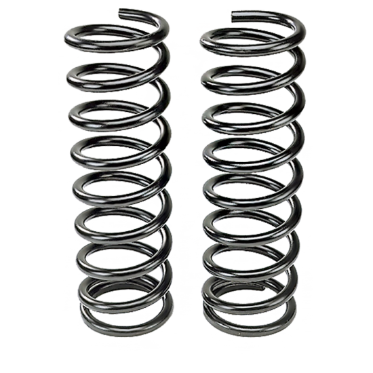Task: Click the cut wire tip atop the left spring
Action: point(121,12)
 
